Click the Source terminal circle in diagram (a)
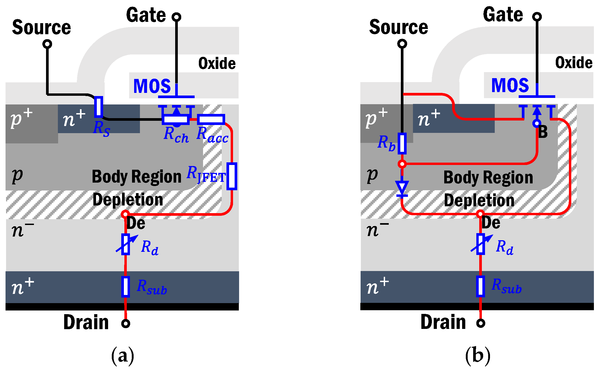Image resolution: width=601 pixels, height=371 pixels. (x=47, y=44)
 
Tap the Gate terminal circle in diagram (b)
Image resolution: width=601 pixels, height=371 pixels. (x=537, y=17)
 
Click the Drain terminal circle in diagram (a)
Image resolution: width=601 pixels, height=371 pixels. (x=126, y=323)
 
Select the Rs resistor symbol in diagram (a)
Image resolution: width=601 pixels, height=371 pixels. (x=99, y=107)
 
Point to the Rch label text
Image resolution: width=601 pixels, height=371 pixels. (x=176, y=135)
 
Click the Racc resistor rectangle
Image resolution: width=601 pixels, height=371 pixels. (x=211, y=119)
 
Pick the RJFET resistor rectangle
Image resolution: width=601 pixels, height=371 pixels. (x=232, y=176)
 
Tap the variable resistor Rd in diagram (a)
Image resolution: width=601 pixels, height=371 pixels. (x=126, y=244)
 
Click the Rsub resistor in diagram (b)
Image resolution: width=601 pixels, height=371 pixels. (x=481, y=287)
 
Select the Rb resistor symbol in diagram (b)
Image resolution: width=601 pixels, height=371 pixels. (x=402, y=143)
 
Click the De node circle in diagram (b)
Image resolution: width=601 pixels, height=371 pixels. (x=480, y=214)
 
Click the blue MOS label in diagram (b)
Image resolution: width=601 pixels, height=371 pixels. (x=510, y=85)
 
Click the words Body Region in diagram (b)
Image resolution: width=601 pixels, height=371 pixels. (x=488, y=177)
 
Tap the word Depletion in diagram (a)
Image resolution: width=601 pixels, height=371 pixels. (x=128, y=199)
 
